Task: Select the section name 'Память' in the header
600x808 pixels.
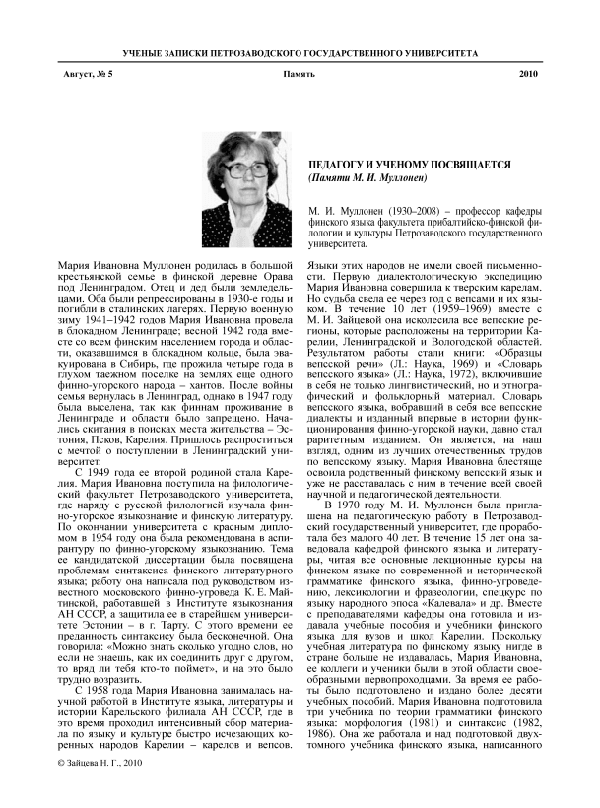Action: [x=299, y=74]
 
